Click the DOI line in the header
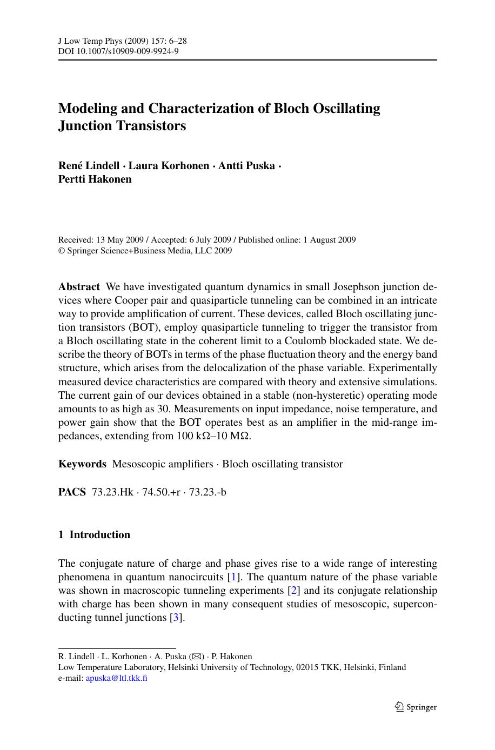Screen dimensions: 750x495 (118, 51)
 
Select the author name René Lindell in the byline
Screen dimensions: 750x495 (89, 165)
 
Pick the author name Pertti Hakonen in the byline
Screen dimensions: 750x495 (95, 179)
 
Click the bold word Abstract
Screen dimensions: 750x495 (79, 287)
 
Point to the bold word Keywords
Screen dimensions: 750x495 (82, 464)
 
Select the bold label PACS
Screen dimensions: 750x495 (72, 492)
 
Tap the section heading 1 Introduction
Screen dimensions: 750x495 (95, 535)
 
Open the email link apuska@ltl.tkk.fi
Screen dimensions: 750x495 (117, 678)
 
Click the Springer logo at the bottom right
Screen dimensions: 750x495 (416, 707)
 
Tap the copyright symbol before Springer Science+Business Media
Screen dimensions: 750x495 (61, 251)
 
